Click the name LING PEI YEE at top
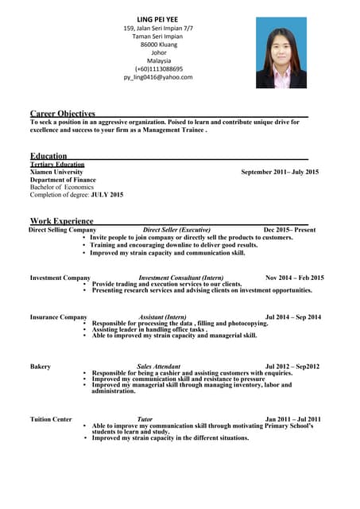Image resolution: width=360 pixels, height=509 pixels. click(159, 18)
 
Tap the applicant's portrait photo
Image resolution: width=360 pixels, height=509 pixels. click(281, 52)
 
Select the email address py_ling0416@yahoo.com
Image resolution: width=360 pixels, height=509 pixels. click(158, 77)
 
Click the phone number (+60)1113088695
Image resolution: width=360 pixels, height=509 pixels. click(159, 69)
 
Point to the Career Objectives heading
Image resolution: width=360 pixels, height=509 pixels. click(63, 114)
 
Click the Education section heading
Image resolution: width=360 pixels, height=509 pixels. click(48, 156)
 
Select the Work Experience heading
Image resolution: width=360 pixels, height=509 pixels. click(62, 220)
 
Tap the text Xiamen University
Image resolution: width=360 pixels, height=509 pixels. click(56, 172)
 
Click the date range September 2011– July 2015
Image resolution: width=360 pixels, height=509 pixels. click(280, 172)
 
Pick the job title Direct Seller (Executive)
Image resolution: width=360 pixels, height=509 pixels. click(176, 230)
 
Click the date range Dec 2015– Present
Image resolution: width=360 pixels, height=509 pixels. click(289, 230)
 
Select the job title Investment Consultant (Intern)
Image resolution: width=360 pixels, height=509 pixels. click(180, 278)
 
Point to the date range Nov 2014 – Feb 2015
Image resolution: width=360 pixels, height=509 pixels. click(294, 278)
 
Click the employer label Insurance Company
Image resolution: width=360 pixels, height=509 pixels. click(59, 317)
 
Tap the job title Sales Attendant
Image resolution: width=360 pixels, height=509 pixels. click(158, 367)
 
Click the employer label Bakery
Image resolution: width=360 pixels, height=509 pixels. click(41, 367)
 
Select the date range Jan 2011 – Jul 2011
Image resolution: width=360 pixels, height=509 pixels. click(292, 419)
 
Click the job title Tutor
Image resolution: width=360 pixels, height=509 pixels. click(145, 419)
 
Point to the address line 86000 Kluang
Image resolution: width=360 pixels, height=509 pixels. click(159, 45)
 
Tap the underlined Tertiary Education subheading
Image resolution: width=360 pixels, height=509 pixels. click(57, 164)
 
